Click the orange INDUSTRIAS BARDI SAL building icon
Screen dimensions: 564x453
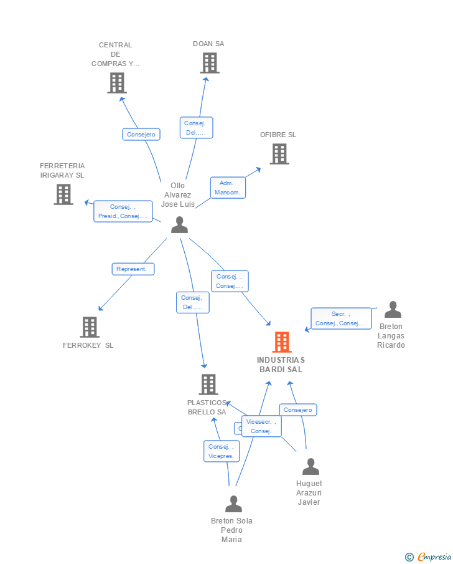(282, 342)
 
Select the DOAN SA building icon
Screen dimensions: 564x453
(210, 63)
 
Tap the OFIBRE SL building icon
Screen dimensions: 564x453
(279, 154)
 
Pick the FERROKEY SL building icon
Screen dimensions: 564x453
(90, 327)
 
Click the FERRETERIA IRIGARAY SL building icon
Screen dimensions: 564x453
(63, 194)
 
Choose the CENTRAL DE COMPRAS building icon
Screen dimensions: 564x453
(117, 83)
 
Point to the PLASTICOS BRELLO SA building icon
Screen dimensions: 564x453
(208, 385)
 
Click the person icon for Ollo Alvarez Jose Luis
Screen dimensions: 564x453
(179, 225)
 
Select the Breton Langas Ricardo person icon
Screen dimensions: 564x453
(393, 310)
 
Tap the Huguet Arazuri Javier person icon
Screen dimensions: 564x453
(311, 466)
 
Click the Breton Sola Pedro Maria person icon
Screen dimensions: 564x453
(233, 504)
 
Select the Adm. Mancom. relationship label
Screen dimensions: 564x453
(228, 188)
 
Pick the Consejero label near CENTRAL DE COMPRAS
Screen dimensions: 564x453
(141, 134)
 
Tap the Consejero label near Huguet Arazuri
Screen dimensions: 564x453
(298, 409)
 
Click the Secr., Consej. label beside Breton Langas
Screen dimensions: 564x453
(341, 318)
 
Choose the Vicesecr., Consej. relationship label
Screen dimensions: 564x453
(261, 426)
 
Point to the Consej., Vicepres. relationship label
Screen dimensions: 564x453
(222, 451)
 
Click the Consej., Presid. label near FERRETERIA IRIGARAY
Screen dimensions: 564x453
(123, 211)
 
